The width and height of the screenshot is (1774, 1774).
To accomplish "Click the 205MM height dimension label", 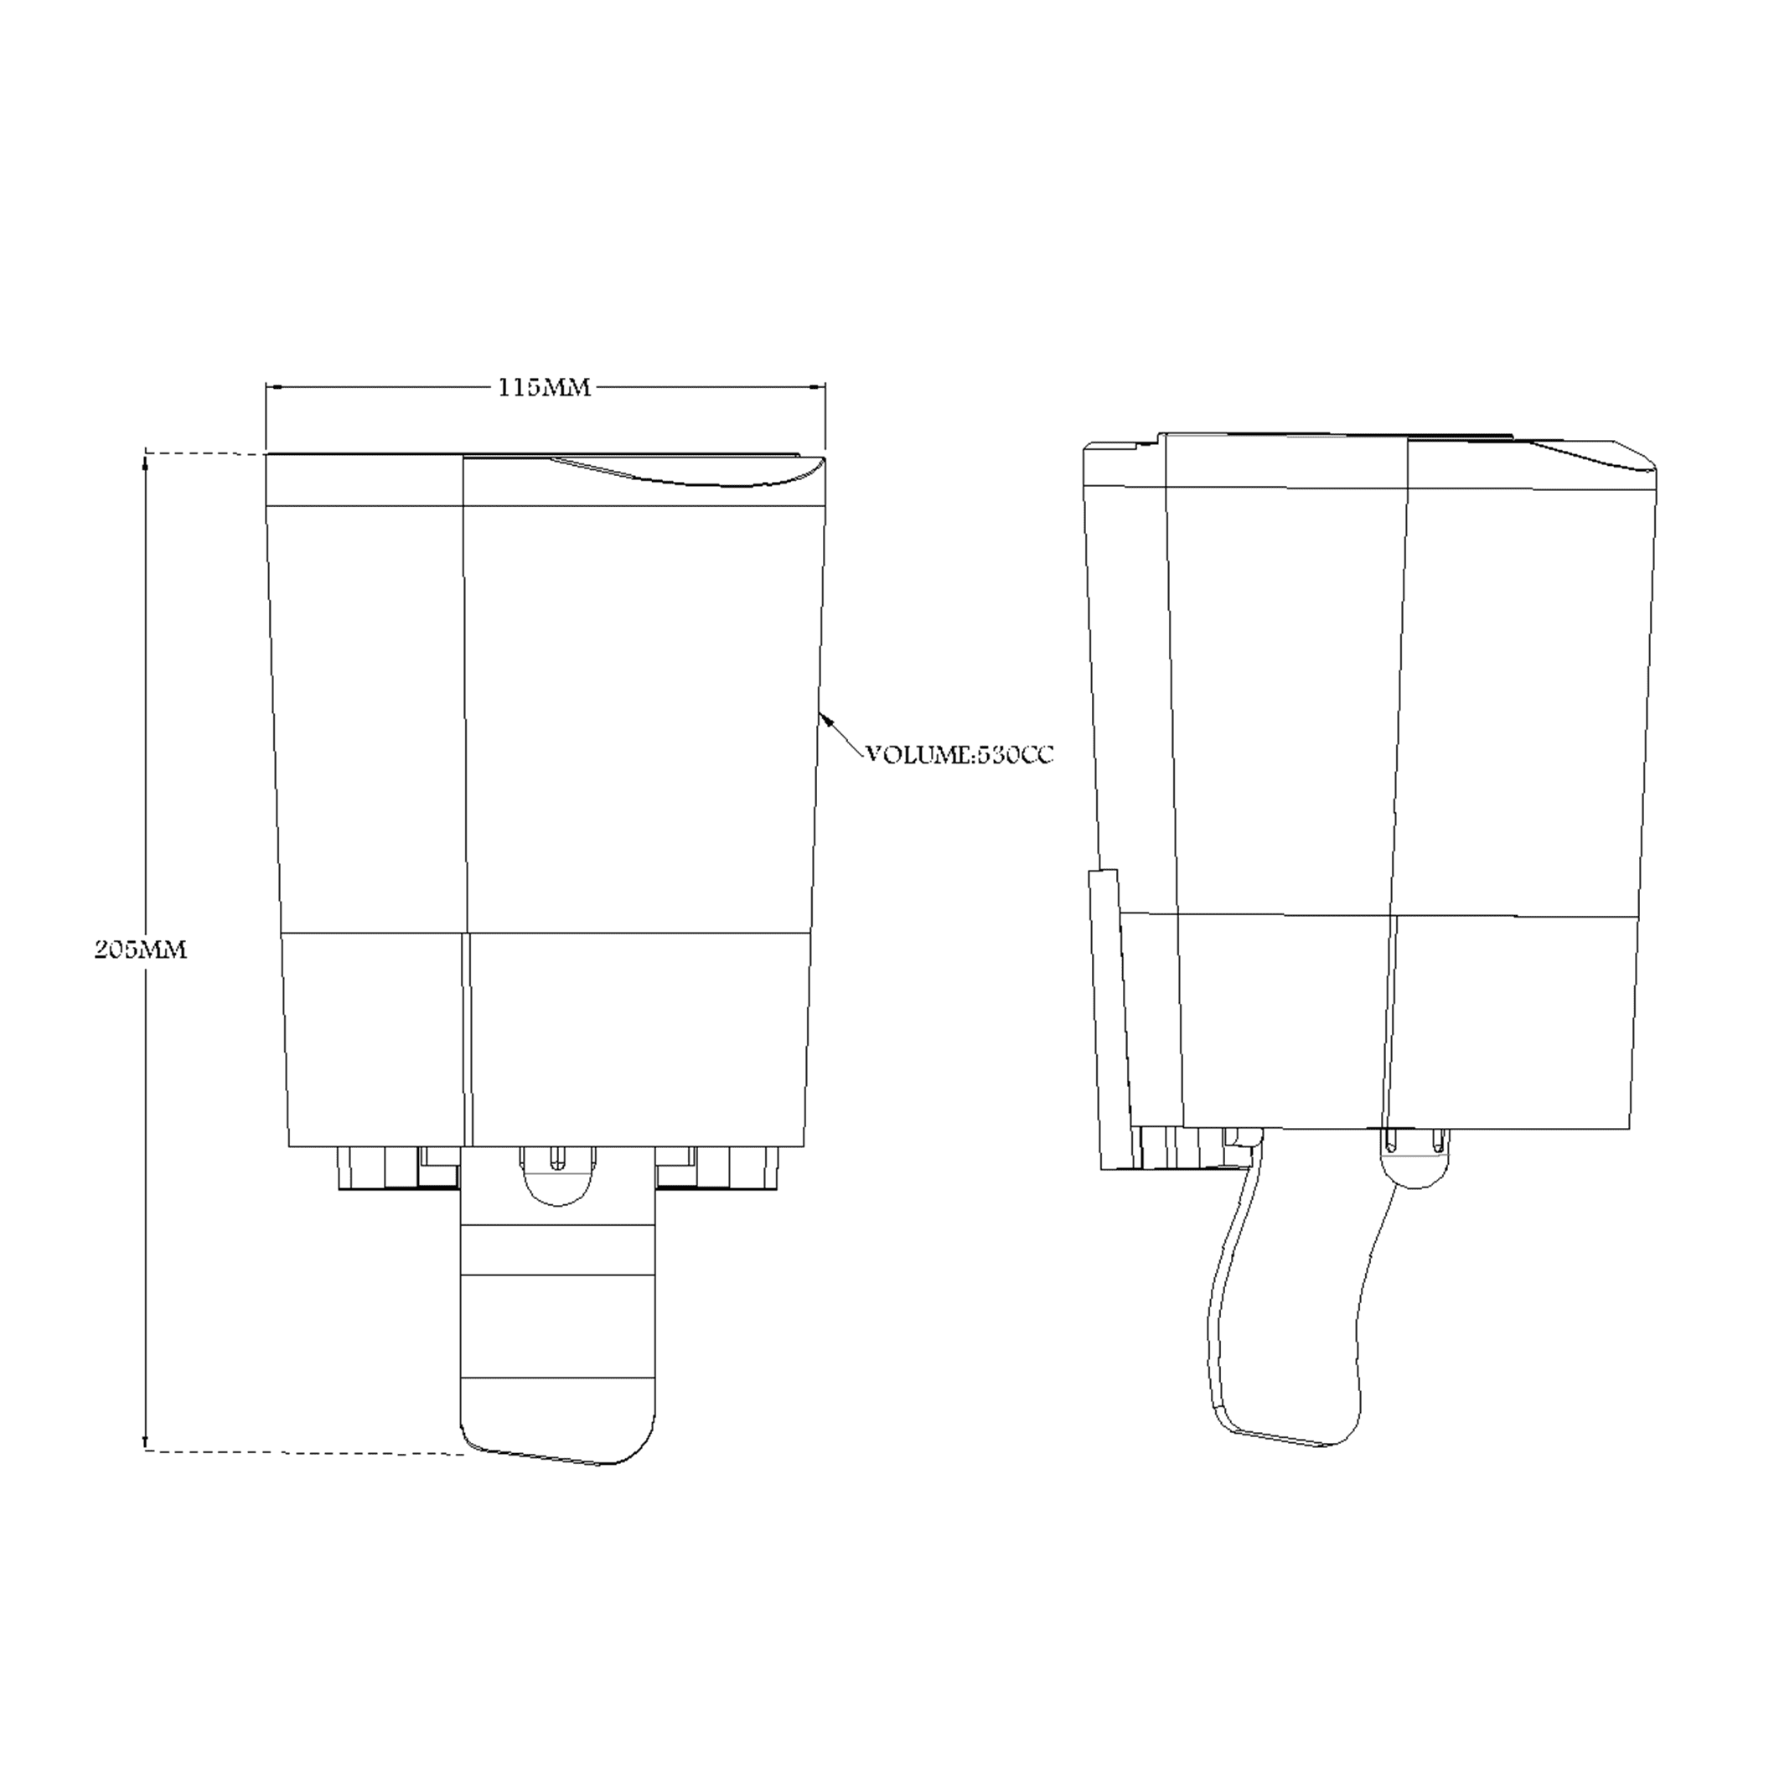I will coord(141,949).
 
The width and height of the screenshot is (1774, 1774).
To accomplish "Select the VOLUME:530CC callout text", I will coord(959,756).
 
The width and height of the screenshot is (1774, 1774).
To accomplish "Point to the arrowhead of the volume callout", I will coord(825,717).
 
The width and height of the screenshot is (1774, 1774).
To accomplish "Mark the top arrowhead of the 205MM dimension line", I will coord(144,463).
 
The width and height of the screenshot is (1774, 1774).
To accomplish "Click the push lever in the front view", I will coord(558,1322).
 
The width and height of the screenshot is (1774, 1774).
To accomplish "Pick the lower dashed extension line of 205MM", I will coord(303,1452).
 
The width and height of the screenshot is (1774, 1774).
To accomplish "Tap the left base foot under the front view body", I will coord(381,1167).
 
